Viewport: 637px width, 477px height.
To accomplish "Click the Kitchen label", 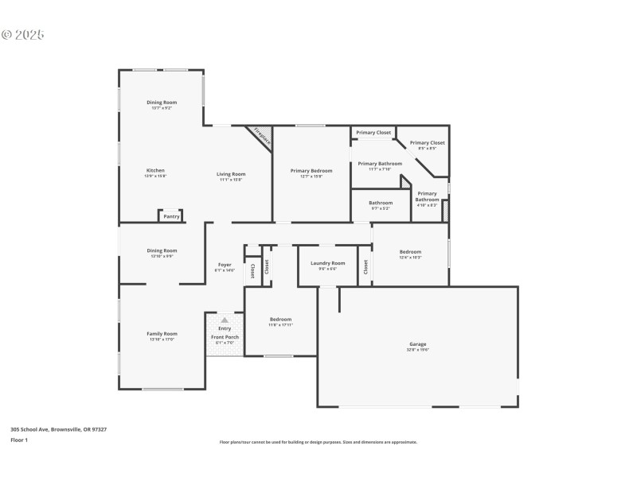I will (x=155, y=170).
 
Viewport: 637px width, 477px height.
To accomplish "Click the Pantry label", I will (x=171, y=216).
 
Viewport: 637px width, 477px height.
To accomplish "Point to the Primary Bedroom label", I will (x=311, y=170).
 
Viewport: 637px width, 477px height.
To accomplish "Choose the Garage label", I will (x=418, y=344).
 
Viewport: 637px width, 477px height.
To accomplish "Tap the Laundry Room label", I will (x=327, y=263).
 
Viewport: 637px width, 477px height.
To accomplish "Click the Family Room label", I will (x=162, y=333).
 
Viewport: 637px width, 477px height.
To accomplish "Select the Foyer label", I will (x=225, y=264).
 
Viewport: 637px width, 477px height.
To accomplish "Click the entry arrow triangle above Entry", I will (x=225, y=320).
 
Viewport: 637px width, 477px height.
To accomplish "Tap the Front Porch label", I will (x=225, y=336).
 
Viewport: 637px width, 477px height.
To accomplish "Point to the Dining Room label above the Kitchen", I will (x=162, y=102).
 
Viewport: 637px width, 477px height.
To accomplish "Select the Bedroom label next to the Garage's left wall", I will (x=280, y=319).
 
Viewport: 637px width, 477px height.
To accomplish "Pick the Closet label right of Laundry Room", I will (x=365, y=267).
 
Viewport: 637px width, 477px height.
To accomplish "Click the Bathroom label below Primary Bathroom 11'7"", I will (x=381, y=202).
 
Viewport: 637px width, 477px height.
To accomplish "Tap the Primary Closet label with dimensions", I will (x=428, y=143).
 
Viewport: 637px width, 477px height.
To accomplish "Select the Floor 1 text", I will (x=19, y=440).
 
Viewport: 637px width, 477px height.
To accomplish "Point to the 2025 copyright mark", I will (x=23, y=35).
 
